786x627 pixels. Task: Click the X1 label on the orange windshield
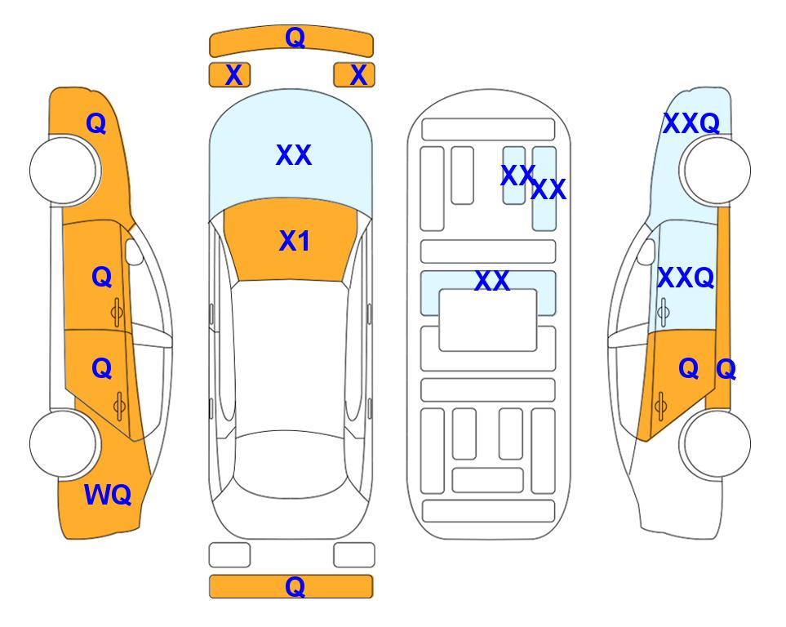point(295,241)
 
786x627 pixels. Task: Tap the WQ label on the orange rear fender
point(108,495)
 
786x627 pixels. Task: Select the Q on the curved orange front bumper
point(295,37)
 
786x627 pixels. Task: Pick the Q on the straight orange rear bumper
point(295,586)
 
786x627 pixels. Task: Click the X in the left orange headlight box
point(233,75)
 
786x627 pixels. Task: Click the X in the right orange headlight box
point(358,75)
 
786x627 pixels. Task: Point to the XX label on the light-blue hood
point(294,154)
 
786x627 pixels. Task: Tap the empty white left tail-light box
point(229,555)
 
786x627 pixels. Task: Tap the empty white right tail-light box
point(354,555)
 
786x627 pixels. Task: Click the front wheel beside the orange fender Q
point(64,171)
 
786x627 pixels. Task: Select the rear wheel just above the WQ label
point(64,443)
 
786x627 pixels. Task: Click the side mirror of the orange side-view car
point(134,251)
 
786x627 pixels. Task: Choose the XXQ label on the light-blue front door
point(686,277)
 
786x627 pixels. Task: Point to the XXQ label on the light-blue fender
point(691,123)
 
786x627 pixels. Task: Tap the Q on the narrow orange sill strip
point(726,369)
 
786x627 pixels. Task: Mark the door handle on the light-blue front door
point(664,312)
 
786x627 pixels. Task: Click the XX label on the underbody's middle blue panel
point(492,281)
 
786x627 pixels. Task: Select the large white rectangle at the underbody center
point(488,320)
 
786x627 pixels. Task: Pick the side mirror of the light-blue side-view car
point(646,251)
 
